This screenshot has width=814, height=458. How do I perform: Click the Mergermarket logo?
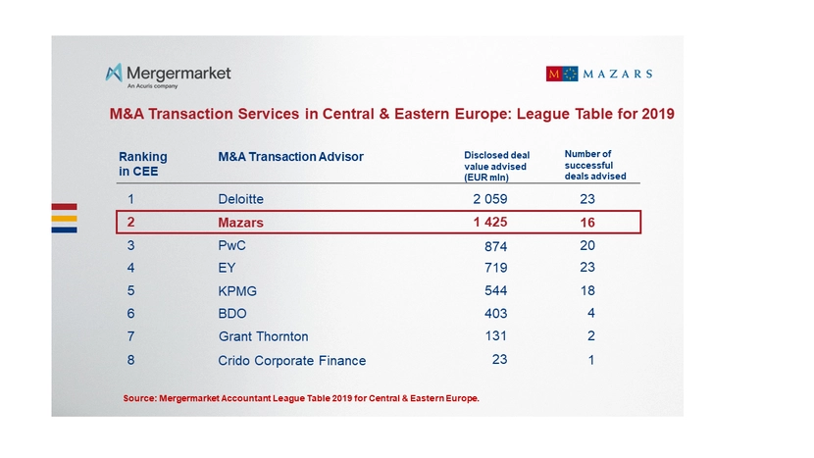(168, 75)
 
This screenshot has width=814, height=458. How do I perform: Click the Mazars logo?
(598, 74)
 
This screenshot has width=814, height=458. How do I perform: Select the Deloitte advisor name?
(240, 199)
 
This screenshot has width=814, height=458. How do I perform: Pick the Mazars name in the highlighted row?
(240, 223)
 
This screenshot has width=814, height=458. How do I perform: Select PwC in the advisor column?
(231, 246)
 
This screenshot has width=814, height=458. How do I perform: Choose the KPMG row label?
(237, 291)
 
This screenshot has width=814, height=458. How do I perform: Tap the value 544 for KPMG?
(495, 291)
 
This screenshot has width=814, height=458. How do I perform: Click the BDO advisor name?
(232, 314)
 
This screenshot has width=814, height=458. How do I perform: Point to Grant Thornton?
(263, 336)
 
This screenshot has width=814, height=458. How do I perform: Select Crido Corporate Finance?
(291, 360)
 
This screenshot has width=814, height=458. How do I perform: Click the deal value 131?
(495, 336)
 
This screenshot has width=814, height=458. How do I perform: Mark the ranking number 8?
(130, 360)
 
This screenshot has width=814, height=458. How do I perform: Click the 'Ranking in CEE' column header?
(143, 163)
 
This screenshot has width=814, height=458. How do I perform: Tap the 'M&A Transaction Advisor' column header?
(290, 157)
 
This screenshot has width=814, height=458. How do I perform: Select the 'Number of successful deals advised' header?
(594, 165)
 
